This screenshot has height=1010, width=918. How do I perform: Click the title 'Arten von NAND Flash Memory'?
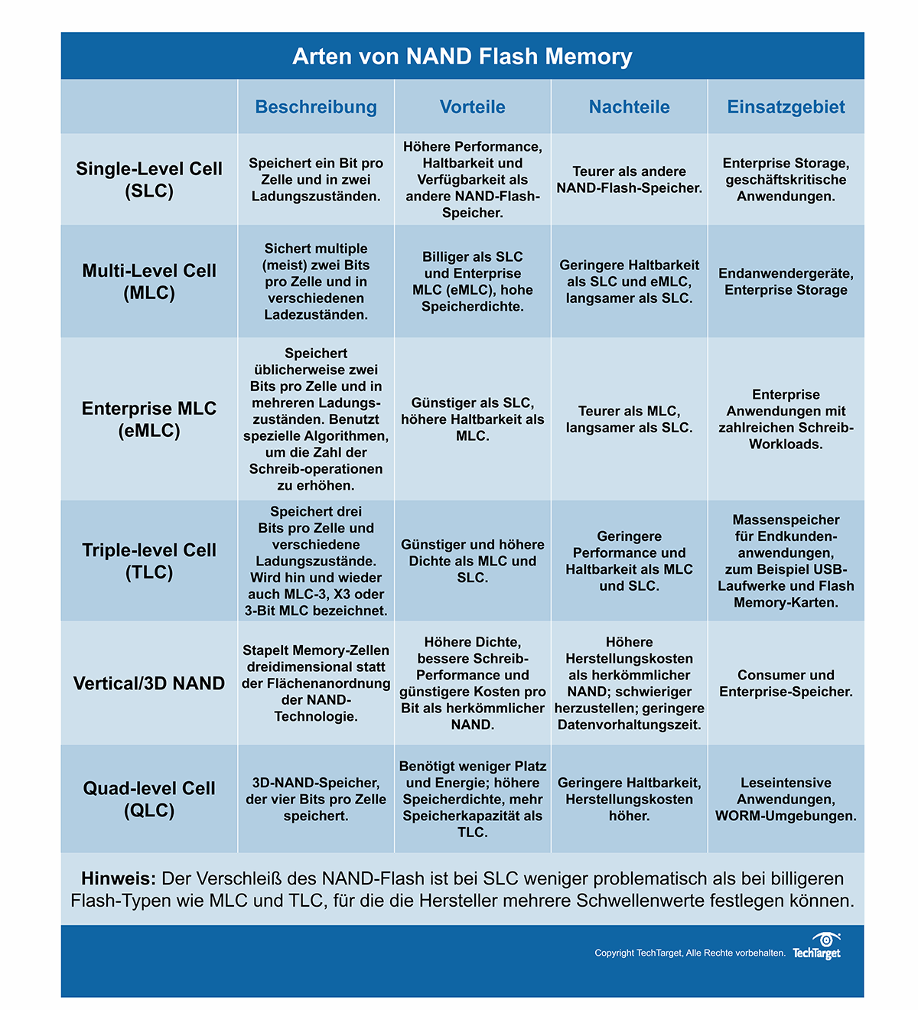[462, 57]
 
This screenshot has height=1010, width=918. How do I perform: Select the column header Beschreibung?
[316, 107]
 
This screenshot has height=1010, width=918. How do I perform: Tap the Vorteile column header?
[472, 107]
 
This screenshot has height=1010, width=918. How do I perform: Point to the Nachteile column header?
[629, 107]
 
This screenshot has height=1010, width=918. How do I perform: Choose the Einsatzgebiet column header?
[786, 107]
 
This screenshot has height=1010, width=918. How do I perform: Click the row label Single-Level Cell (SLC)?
[149, 180]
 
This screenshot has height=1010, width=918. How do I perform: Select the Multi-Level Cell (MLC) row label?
[149, 282]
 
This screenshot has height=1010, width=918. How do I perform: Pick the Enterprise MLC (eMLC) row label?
[149, 419]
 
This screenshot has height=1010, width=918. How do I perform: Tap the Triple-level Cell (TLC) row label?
[149, 561]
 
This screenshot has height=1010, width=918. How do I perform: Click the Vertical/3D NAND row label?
[149, 683]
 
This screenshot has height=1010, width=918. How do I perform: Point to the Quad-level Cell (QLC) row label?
[149, 799]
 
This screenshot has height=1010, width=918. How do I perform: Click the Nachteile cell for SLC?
[629, 180]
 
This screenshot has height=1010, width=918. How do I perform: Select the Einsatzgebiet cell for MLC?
[786, 282]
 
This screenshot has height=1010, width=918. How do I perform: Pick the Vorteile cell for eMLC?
[472, 419]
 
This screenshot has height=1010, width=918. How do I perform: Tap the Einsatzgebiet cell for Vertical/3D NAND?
[786, 683]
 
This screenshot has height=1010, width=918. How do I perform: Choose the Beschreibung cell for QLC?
[316, 799]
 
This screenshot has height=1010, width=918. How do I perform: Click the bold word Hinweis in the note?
[118, 878]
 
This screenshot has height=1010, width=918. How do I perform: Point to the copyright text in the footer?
[689, 953]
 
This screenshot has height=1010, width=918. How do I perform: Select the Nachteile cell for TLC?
[629, 561]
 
